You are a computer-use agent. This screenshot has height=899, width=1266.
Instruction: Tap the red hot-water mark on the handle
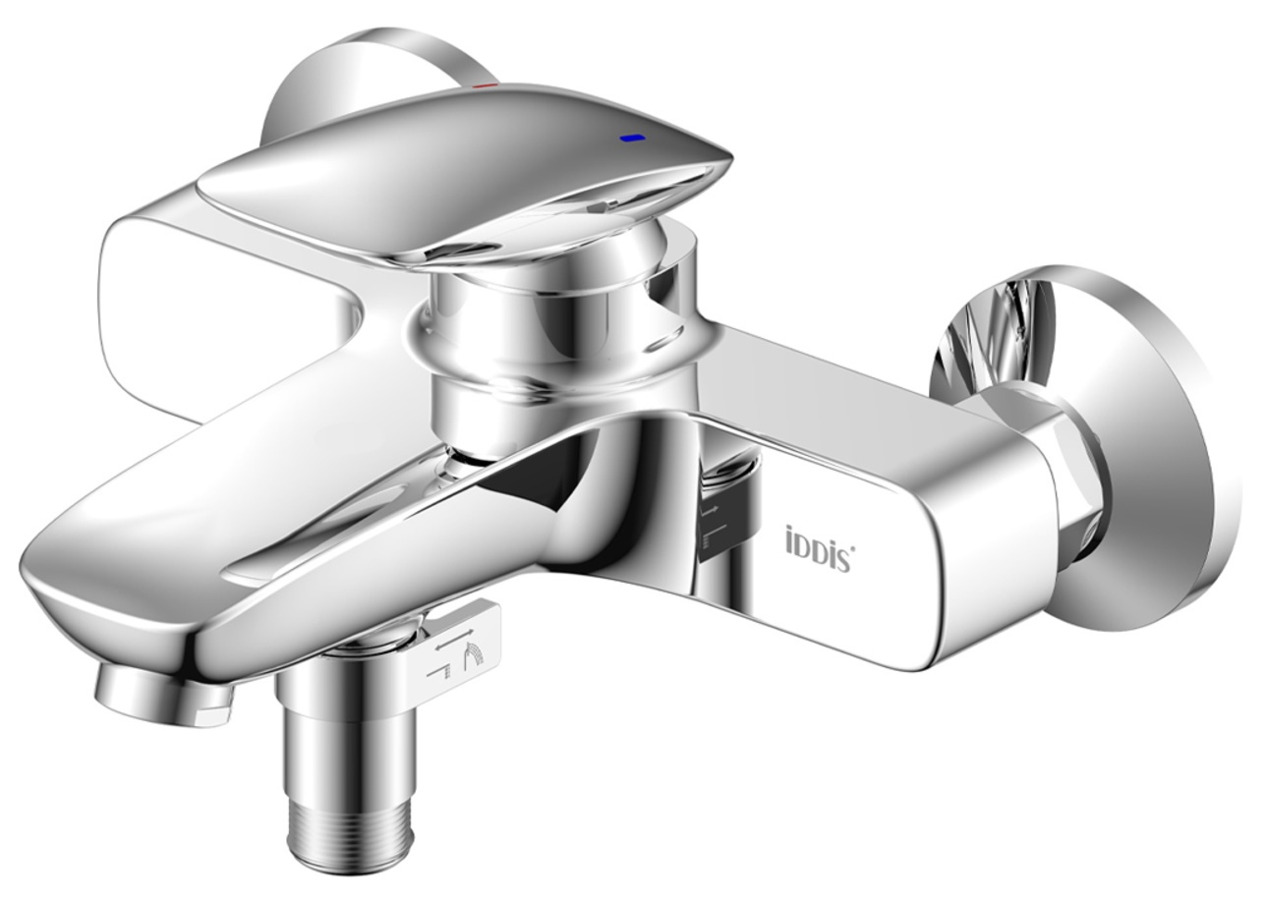485,85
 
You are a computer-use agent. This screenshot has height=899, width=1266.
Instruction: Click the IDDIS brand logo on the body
820,540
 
